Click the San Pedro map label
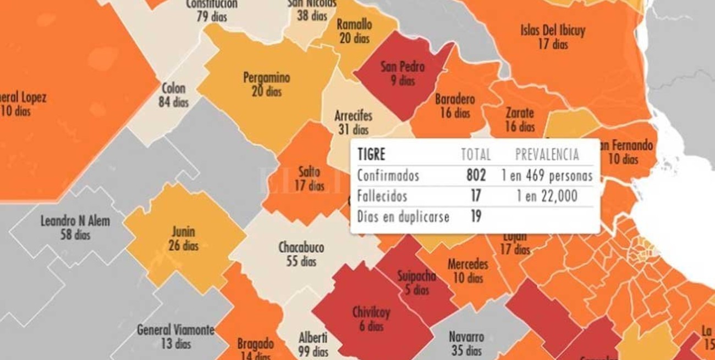pos(403,67)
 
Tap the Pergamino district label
pos(266,78)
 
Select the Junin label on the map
pos(183,232)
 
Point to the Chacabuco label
pos(301,247)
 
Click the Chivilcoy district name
pos(371,313)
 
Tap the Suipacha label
pos(416,276)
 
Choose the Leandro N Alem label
pos(75,221)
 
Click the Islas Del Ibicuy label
pos(552,31)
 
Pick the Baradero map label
pos(454,99)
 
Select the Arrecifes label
pos(353,116)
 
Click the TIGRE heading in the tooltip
pos(371,154)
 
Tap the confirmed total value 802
pos(476,175)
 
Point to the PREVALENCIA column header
pos(547,154)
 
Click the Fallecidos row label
pos(382,196)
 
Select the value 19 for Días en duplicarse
pos(476,217)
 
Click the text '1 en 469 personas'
pos(547,175)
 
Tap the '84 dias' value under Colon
pos(173,102)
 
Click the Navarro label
pos(466,336)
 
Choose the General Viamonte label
pos(175,330)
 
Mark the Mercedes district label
pos(468,264)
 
